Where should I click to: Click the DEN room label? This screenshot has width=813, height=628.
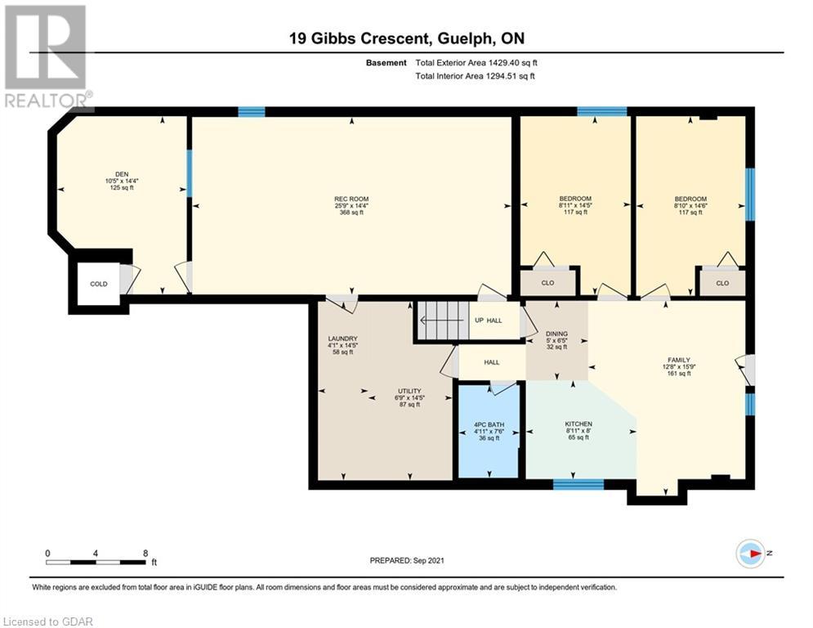(122, 174)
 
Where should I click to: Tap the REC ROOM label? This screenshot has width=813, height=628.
(351, 199)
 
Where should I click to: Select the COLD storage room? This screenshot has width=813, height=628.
(99, 284)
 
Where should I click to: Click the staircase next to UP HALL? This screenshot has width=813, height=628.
(444, 321)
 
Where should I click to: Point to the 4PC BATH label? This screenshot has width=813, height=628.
(489, 424)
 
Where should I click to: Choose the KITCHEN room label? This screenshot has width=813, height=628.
(578, 424)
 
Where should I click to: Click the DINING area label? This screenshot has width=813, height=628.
(557, 334)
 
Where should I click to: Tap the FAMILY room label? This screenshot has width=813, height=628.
(679, 360)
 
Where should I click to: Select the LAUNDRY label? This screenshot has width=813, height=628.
(342, 339)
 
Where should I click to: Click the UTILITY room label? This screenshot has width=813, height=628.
(409, 391)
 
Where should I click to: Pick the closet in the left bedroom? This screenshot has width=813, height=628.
(548, 283)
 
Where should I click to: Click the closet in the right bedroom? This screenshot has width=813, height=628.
(722, 283)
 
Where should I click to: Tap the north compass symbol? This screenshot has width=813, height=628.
(751, 554)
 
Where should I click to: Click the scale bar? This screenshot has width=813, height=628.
(96, 562)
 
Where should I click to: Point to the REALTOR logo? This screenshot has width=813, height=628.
(47, 56)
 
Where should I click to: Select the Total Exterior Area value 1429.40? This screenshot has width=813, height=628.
(504, 63)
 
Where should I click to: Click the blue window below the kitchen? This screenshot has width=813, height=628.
(578, 485)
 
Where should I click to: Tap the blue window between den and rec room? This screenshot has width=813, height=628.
(190, 173)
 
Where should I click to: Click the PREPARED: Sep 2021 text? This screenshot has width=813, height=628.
(407, 560)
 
